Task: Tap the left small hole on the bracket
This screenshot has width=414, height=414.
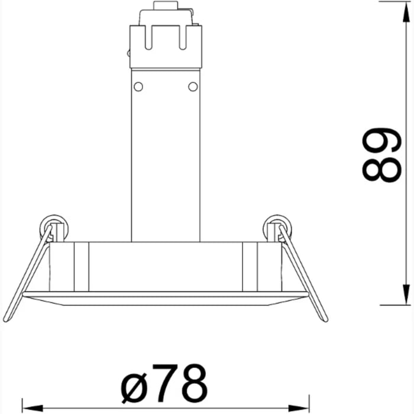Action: [x=138, y=87]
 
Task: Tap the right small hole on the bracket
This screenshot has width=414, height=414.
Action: [x=193, y=87]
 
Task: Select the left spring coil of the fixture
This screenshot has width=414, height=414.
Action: [x=54, y=228]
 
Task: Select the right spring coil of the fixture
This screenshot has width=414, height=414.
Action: [x=277, y=228]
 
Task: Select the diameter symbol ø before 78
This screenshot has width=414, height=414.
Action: [x=134, y=384]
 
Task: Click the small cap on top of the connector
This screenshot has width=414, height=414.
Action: [x=165, y=7]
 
